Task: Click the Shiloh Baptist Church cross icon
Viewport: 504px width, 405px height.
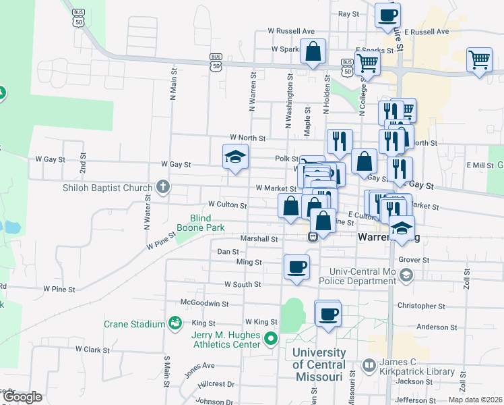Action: coord(162,187)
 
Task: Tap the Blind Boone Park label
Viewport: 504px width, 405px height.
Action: coord(201,223)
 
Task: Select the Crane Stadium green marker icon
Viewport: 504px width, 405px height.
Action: coord(175,324)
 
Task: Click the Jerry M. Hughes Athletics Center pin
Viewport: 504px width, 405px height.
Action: coord(272,338)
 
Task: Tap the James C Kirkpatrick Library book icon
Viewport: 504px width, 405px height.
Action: coord(369,366)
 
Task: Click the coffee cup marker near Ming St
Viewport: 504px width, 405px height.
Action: coord(296,267)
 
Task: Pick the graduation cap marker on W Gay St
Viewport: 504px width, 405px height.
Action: coord(236,157)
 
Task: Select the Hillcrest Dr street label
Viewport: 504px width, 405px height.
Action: coord(216,383)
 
